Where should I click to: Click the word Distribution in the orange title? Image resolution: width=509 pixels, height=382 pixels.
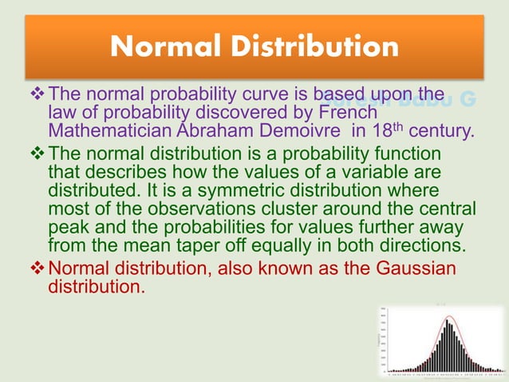pos(315,46)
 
